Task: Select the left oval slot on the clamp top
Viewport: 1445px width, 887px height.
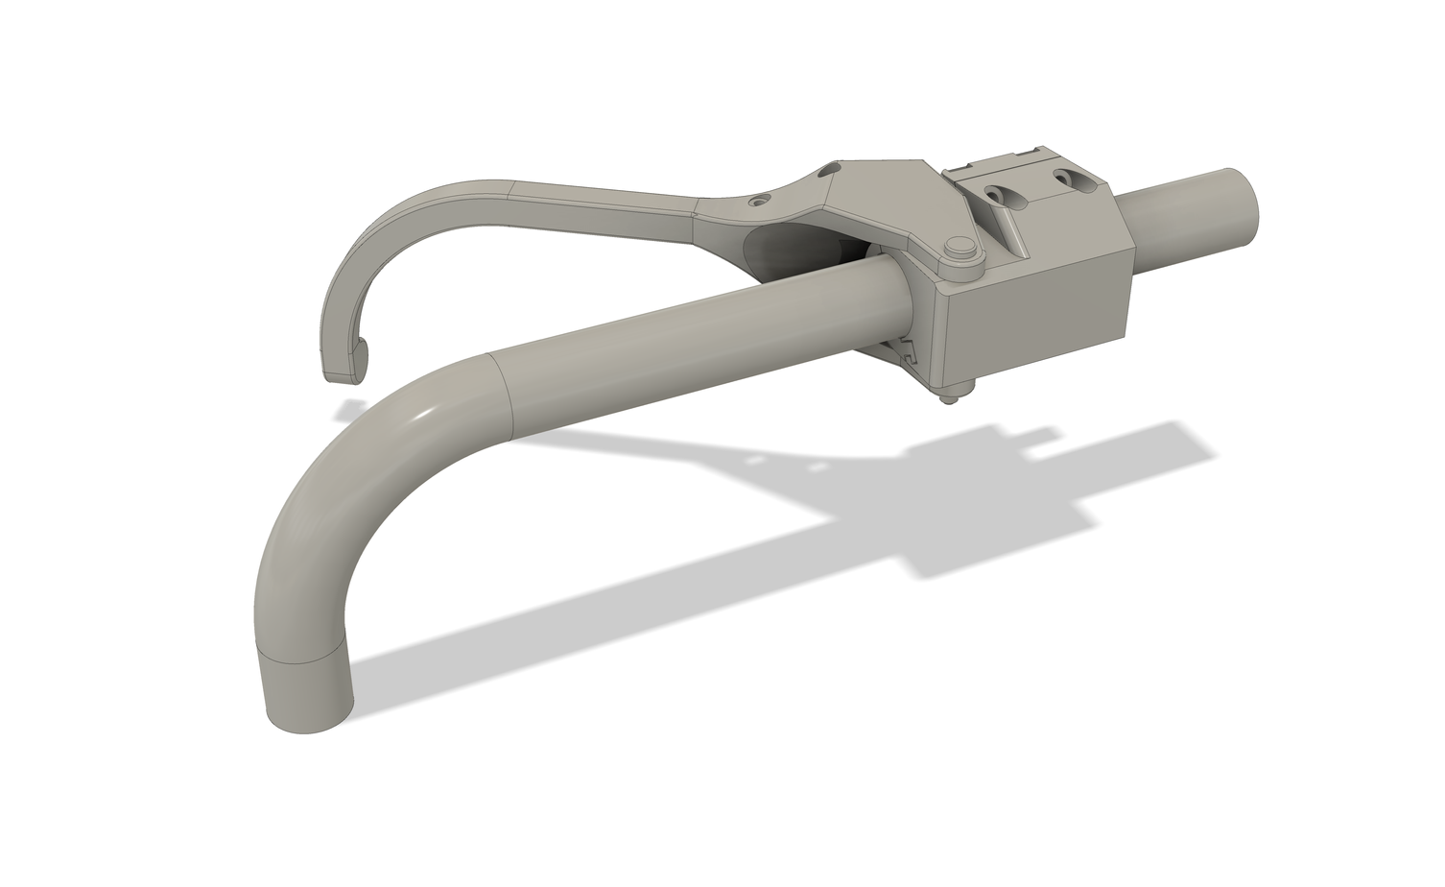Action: click(x=999, y=195)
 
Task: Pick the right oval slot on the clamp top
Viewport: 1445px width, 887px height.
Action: click(x=1066, y=178)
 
